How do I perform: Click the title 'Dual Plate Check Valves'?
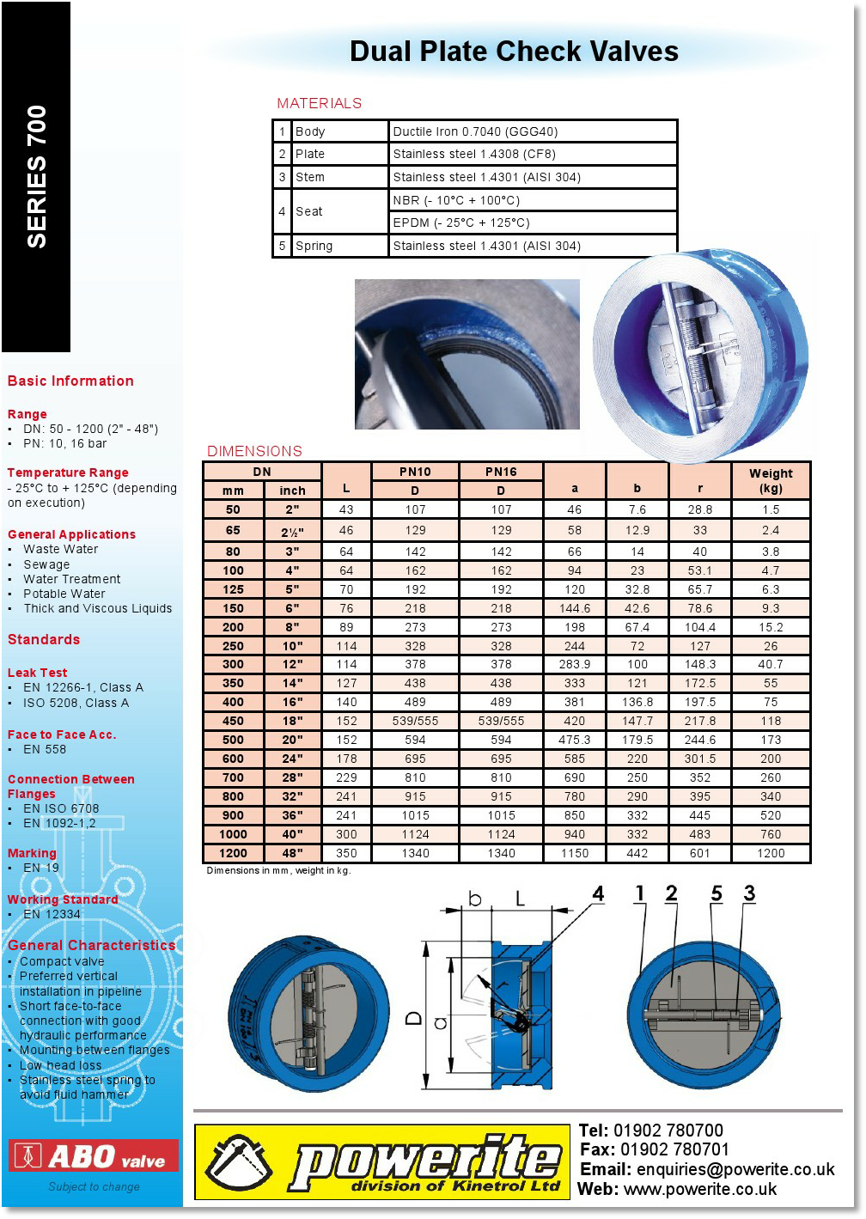click(514, 52)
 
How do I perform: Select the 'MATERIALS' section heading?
click(319, 103)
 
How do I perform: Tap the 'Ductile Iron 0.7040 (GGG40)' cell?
click(475, 131)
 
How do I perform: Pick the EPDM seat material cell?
click(461, 222)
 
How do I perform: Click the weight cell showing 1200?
click(771, 853)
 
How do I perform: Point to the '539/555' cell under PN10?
click(415, 721)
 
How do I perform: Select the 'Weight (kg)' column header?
click(771, 481)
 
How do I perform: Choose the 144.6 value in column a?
click(575, 608)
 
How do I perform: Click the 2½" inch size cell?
click(292, 531)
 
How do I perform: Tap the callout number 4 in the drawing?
click(598, 894)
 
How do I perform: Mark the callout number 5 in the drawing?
click(717, 893)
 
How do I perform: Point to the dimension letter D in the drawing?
click(414, 1018)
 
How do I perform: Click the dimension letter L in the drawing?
click(521, 899)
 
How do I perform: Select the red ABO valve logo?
click(94, 1156)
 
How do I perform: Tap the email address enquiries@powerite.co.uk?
click(735, 1169)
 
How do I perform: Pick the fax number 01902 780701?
click(674, 1149)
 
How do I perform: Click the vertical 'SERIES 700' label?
click(37, 177)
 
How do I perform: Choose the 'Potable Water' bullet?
click(64, 594)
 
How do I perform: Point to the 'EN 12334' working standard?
click(52, 914)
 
